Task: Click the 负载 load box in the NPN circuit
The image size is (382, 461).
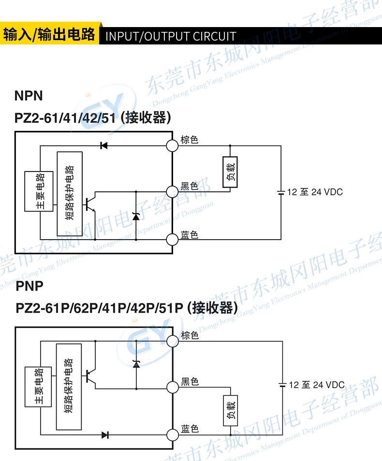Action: [x=230, y=172]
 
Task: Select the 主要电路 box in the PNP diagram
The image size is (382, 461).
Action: [x=39, y=387]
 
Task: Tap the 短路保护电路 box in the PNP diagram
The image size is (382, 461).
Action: [x=69, y=387]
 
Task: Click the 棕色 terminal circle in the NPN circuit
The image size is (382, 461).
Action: [x=172, y=145]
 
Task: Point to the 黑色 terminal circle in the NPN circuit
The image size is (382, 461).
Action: [x=172, y=191]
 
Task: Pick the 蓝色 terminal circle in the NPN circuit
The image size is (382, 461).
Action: [x=172, y=239]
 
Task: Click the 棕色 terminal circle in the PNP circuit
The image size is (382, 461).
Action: [x=172, y=341]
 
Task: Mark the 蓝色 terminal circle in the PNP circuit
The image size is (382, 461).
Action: [x=172, y=434]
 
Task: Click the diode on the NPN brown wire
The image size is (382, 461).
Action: [x=103, y=145]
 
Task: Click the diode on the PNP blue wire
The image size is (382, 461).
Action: [x=105, y=434]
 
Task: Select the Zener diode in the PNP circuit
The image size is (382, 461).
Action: [x=136, y=363]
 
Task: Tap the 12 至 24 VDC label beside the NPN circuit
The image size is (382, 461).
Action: [x=315, y=192]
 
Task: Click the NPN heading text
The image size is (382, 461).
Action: [x=29, y=96]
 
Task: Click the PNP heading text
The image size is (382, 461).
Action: [x=29, y=286]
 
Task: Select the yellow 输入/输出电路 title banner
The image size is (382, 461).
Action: [x=49, y=35]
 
